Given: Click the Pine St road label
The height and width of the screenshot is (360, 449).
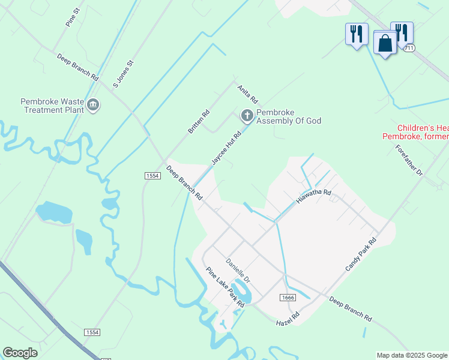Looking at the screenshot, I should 73,17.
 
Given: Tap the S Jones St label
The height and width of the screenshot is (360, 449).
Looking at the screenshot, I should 124,74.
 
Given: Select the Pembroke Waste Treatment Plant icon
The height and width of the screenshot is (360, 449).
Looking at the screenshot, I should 93,106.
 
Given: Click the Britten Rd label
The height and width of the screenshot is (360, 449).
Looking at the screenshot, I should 199,121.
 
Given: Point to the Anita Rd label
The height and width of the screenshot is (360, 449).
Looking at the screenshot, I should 247,93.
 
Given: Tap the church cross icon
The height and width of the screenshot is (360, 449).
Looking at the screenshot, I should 247,115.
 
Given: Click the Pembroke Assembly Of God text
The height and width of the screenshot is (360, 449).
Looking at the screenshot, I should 289,116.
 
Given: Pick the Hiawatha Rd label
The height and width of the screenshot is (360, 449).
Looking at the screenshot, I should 313,196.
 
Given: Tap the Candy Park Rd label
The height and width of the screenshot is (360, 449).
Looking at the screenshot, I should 361,254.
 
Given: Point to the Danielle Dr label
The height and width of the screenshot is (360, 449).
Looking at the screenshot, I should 237,271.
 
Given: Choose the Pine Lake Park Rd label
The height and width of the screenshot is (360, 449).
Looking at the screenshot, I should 225,287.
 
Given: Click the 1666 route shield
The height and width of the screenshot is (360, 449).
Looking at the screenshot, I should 287,298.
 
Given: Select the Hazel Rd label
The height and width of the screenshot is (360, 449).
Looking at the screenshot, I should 288,319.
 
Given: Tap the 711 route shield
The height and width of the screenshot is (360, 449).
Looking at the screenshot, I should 409,48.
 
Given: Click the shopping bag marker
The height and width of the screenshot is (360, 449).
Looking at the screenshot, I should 384,43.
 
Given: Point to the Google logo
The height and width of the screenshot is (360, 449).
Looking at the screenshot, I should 20,353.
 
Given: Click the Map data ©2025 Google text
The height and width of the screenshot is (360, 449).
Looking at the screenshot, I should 411,355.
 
